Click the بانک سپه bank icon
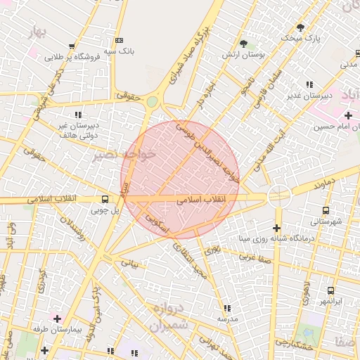pyautogui.click(x=118, y=40)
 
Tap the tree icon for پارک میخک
pyautogui.click(x=300, y=27)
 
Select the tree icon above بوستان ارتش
pyautogui.click(x=244, y=44)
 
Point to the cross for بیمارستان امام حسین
pyautogui.click(x=348, y=115)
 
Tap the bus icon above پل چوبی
pyautogui.click(x=104, y=199)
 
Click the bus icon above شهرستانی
pyautogui.click(x=325, y=210)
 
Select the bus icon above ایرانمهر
pyautogui.click(x=330, y=290)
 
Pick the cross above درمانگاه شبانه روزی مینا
pyautogui.click(x=276, y=228)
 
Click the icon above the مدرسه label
pyautogui.click(x=226, y=308)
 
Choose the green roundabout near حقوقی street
pyautogui.click(x=152, y=102)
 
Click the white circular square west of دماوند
pyautogui.click(x=279, y=195)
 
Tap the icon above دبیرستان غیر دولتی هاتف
pyautogui.click(x=77, y=113)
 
